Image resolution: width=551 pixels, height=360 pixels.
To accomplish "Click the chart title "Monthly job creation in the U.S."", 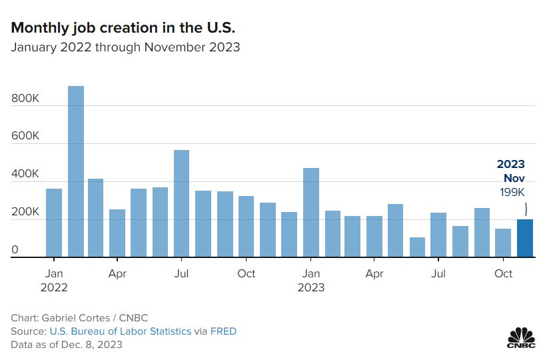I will pyautogui.click(x=123, y=28).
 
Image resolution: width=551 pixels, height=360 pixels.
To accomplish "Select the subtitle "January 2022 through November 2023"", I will pyautogui.click(x=125, y=47).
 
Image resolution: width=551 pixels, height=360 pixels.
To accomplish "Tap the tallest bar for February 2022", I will pyautogui.click(x=76, y=171).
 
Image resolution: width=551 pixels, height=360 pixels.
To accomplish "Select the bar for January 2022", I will pyautogui.click(x=54, y=223).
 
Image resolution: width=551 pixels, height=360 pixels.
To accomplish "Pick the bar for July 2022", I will pyautogui.click(x=182, y=203).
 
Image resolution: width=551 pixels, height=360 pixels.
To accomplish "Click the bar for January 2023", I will pyautogui.click(x=310, y=212).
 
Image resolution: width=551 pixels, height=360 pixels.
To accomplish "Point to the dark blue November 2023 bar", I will pyautogui.click(x=525, y=238).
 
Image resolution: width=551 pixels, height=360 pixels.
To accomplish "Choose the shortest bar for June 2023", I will pyautogui.click(x=418, y=247).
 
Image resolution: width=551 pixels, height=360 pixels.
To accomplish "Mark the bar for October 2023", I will pyautogui.click(x=503, y=243).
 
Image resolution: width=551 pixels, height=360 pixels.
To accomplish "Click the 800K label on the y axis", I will pyautogui.click(x=26, y=99).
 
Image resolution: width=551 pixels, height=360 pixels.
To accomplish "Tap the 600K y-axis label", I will pyautogui.click(x=26, y=136).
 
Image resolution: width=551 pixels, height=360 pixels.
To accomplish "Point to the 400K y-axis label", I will pyautogui.click(x=26, y=174).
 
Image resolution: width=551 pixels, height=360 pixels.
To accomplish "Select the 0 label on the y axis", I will pyautogui.click(x=15, y=250).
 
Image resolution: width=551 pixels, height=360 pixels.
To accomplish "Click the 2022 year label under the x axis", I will pyautogui.click(x=54, y=287).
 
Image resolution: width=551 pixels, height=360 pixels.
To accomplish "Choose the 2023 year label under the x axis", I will pyautogui.click(x=310, y=287).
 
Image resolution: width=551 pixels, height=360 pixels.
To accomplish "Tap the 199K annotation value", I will pyautogui.click(x=512, y=192).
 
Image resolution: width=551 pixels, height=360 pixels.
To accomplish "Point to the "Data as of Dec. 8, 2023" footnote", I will pyautogui.click(x=67, y=345).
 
